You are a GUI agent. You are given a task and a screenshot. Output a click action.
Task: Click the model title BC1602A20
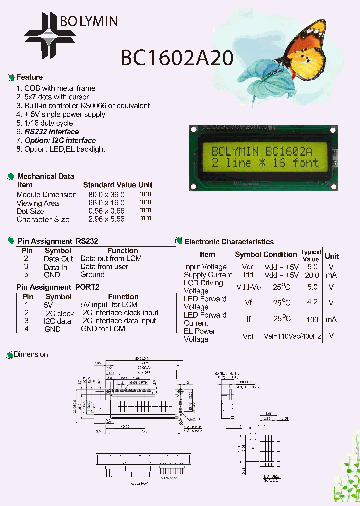[x=177, y=58]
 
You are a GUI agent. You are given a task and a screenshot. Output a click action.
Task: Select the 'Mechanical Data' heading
[x=45, y=176]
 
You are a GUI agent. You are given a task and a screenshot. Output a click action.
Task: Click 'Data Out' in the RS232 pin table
[x=58, y=259]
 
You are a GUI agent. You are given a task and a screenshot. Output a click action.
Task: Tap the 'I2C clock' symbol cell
[x=59, y=313]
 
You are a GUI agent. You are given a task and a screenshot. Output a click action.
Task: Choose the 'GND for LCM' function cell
[x=103, y=329]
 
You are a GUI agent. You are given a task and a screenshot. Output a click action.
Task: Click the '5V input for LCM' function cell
[x=109, y=305]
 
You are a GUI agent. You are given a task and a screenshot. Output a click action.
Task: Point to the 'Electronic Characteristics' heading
[x=229, y=242]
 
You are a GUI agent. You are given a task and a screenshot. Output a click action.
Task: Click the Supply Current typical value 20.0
[x=312, y=275]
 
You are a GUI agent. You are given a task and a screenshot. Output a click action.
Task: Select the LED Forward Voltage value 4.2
[x=312, y=302]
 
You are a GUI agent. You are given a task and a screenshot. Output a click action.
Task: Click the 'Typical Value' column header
[x=311, y=256]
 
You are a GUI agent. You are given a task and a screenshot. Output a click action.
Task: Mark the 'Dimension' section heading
[x=31, y=354]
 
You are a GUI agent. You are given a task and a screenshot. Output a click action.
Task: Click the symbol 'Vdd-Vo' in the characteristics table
[x=248, y=287]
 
